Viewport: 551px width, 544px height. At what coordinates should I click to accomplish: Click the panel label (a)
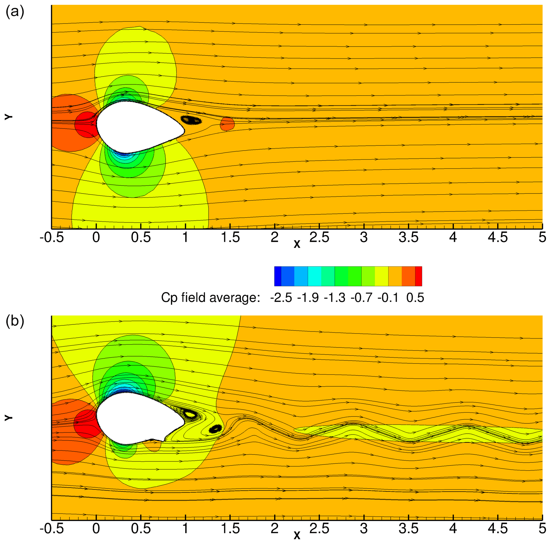coord(15,12)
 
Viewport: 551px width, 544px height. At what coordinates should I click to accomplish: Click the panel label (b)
coord(15,321)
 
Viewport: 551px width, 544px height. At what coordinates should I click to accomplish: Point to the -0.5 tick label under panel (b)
coord(52,529)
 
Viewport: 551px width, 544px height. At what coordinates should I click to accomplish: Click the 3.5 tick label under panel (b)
coord(408,529)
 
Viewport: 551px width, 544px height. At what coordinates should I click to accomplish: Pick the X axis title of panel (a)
coord(297,244)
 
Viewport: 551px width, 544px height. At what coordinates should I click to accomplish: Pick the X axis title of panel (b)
coord(297,535)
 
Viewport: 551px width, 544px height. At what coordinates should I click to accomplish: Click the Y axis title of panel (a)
coord(9,117)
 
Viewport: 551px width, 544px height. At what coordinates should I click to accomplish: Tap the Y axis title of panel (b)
coord(9,418)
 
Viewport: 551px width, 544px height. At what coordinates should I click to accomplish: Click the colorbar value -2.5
coord(281,298)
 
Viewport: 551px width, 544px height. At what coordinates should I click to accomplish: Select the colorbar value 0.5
coord(415,298)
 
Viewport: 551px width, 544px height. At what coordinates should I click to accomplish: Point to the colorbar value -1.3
coord(335,298)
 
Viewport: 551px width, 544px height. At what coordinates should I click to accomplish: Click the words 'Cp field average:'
coord(211,298)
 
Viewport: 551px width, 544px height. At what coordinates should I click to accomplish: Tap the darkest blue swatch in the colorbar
coord(277,276)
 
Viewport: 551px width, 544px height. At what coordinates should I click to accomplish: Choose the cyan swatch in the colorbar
coord(314,276)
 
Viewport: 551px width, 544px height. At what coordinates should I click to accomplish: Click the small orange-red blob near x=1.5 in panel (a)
coord(227,124)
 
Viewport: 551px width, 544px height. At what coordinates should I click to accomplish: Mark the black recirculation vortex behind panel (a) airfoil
coord(191,120)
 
